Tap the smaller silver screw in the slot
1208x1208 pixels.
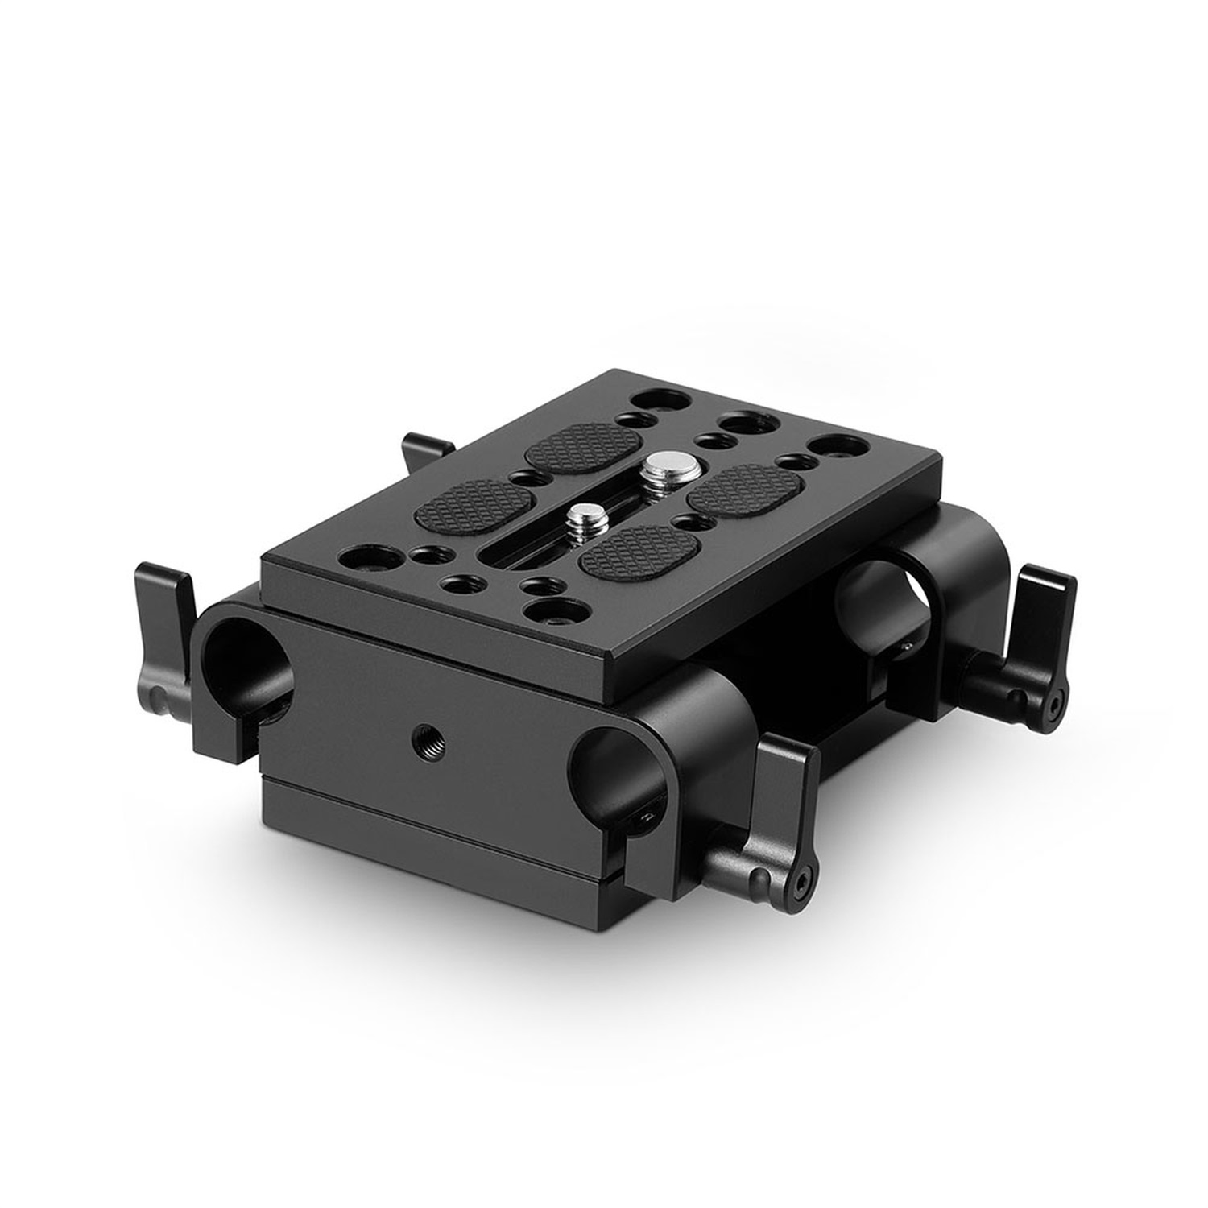(x=582, y=515)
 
